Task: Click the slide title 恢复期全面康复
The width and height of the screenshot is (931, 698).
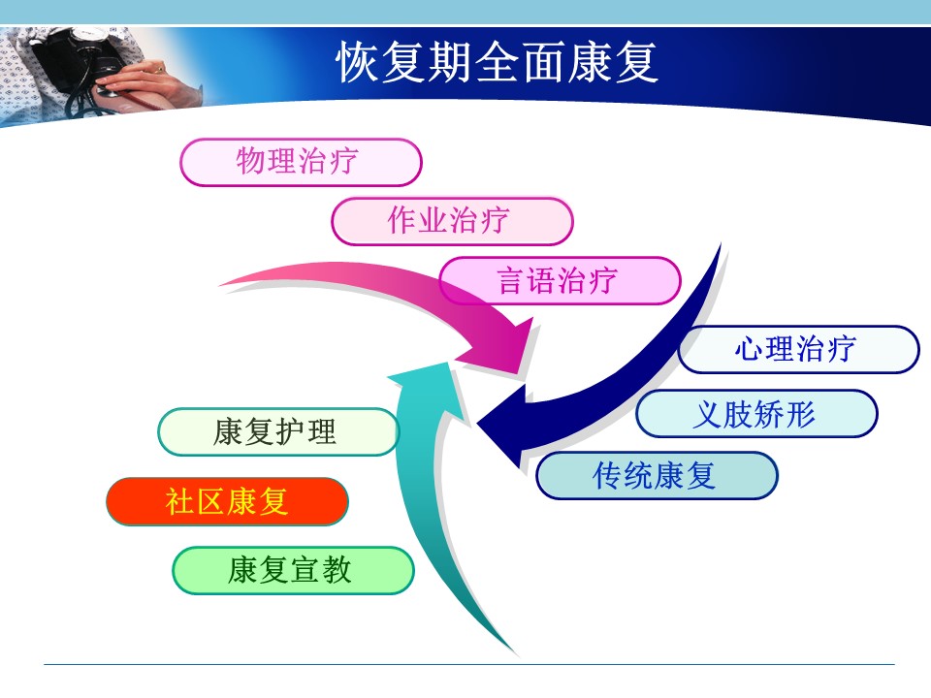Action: coord(498,62)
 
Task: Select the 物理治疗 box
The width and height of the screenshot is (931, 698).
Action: coord(301,162)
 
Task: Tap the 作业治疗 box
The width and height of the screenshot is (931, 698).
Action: coord(452,221)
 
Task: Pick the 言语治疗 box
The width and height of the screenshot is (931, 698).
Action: coord(560,281)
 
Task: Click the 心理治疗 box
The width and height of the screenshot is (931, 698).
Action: coord(798,349)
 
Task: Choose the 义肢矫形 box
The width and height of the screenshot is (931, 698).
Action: coord(756,414)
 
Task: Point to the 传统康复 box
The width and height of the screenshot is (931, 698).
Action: coord(657,475)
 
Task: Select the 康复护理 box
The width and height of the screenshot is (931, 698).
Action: coord(278,432)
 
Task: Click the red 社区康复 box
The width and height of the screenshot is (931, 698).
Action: coord(227,501)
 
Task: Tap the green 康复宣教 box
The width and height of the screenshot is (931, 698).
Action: coord(293,570)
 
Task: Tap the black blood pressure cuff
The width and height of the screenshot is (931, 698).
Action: coord(65,59)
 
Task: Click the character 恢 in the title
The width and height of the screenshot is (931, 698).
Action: coord(358,62)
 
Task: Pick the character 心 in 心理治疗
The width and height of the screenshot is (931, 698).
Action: coord(750,349)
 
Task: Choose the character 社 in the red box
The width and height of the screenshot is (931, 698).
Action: coord(180,501)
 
